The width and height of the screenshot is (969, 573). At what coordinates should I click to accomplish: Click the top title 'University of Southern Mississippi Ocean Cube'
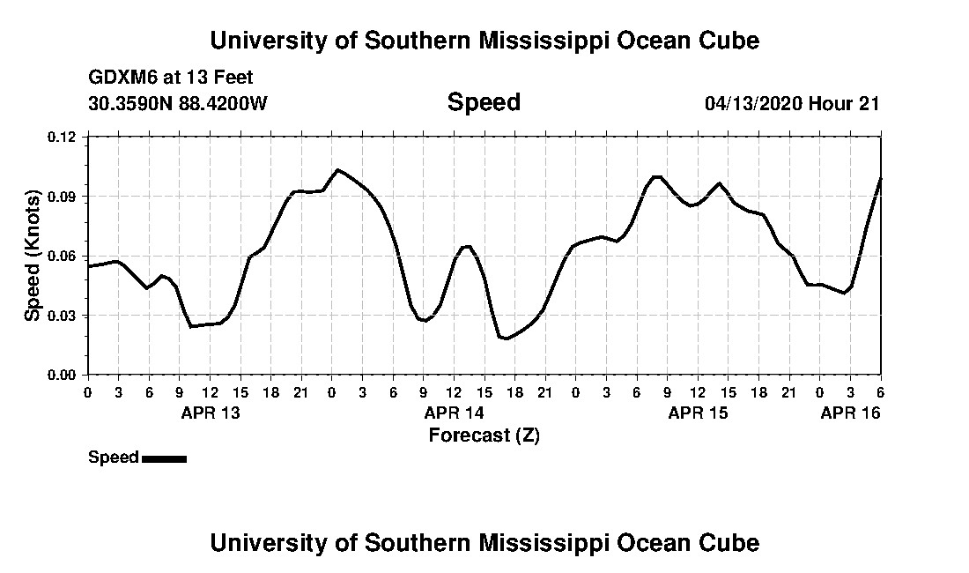[484, 41]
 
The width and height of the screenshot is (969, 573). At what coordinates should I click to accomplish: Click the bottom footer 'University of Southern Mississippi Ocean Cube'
[484, 542]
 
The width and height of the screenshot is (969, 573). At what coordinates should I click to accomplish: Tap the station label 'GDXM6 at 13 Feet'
[171, 78]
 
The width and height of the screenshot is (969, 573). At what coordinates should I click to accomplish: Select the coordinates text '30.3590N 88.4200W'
[178, 103]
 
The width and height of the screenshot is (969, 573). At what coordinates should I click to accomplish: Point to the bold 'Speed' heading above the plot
[484, 102]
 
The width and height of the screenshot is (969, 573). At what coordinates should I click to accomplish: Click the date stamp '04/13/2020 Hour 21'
[792, 103]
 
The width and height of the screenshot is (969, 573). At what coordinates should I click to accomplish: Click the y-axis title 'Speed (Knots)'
[33, 256]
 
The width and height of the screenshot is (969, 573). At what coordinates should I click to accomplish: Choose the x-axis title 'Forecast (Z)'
[484, 435]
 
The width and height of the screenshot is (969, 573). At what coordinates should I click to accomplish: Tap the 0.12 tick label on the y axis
[63, 137]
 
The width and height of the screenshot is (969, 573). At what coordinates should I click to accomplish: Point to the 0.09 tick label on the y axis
[63, 196]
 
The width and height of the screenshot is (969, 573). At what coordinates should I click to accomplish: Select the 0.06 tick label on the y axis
[63, 256]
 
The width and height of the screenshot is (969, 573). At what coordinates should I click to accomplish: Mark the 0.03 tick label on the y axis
[63, 315]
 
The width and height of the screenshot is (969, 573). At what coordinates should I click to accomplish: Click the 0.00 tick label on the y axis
[63, 375]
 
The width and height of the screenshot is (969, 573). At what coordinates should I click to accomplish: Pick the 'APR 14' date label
[454, 413]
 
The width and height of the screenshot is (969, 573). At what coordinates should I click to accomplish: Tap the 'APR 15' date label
[698, 413]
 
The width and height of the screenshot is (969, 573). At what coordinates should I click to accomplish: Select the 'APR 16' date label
[850, 413]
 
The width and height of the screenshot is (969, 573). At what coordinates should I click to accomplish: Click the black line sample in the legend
[164, 458]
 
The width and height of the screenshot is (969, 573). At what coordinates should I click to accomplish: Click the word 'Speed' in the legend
[114, 458]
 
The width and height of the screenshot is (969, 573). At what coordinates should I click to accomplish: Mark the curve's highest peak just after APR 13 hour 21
[337, 169]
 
